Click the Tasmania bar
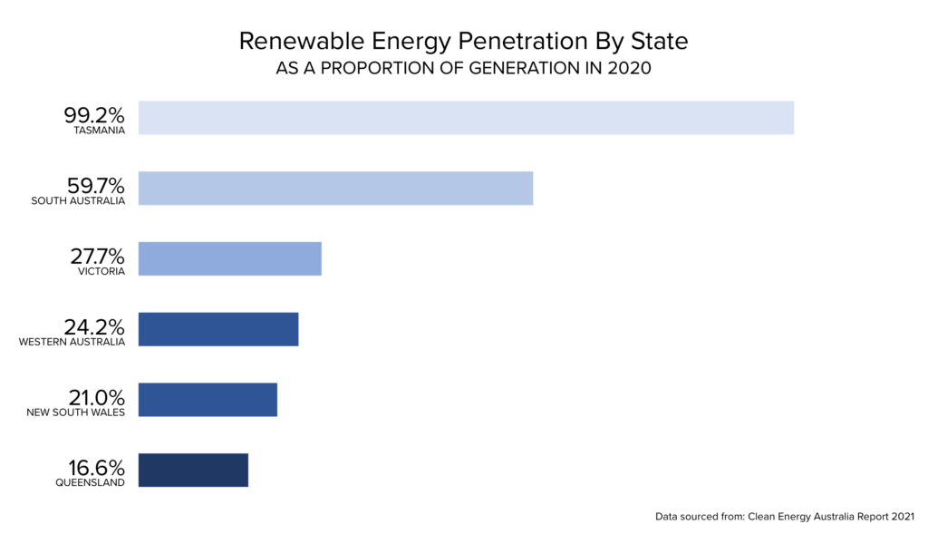click(x=466, y=118)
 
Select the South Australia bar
click(x=335, y=188)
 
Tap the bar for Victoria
click(x=229, y=258)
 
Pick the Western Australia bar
click(x=217, y=329)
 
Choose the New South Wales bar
click(x=208, y=400)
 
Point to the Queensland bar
click(x=193, y=470)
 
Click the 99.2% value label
click(x=94, y=115)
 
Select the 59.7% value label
click(x=94, y=186)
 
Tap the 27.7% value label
click(x=94, y=257)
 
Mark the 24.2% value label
click(x=94, y=327)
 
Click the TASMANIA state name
click(x=100, y=131)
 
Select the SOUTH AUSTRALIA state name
click(x=78, y=201)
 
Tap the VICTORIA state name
click(x=101, y=272)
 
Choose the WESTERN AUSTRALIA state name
click(x=72, y=343)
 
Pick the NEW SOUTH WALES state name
click(x=76, y=413)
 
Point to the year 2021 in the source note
click(x=901, y=517)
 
